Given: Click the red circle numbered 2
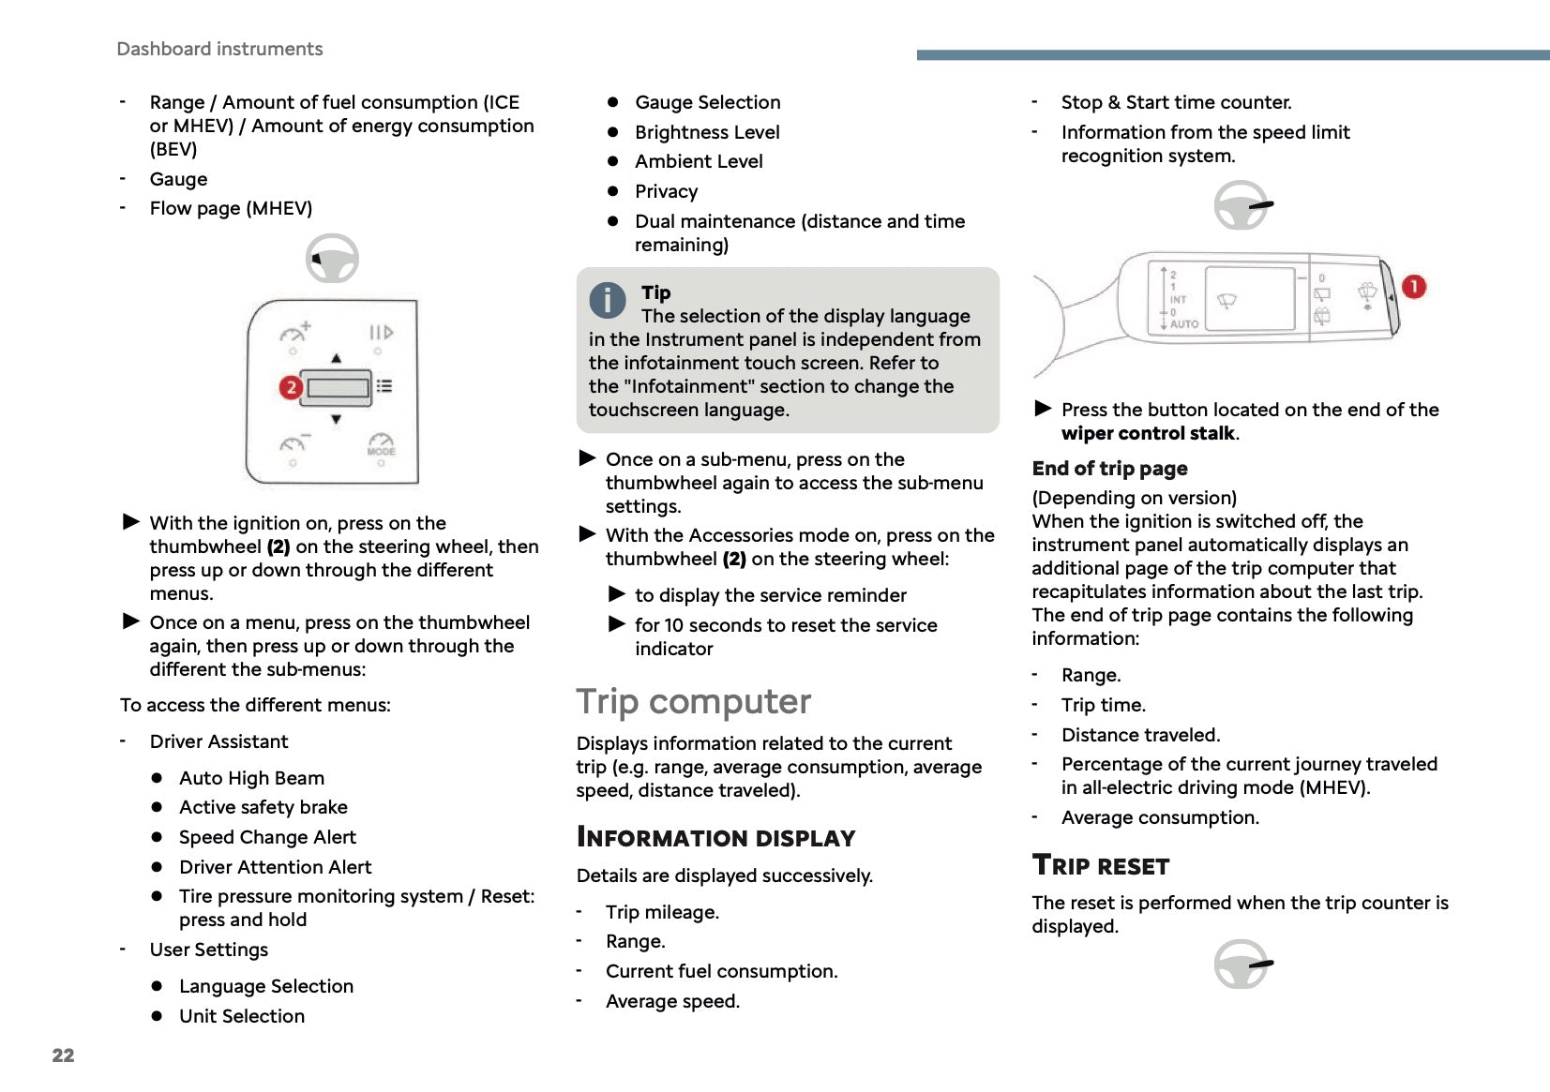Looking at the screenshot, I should (x=291, y=387).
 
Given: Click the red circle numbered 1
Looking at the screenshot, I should (x=1413, y=287).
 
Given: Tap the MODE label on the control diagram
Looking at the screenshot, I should (x=381, y=451).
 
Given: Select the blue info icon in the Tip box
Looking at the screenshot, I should (x=608, y=300).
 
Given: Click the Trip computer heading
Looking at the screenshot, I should (x=693, y=702).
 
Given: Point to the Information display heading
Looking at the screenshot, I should (x=715, y=838).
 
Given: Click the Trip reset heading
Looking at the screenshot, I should (x=1100, y=865).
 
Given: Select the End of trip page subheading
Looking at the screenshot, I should (x=1109, y=469).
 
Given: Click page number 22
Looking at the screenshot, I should (x=63, y=1055).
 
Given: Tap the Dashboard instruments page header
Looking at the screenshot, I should (x=219, y=49).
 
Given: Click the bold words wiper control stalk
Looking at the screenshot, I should (x=1148, y=433).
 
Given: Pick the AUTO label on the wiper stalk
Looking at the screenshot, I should (x=1183, y=324).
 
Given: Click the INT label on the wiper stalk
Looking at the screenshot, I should (x=1178, y=300).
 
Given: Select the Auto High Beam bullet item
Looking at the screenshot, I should (x=251, y=778).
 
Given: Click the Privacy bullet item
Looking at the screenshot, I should (x=666, y=191).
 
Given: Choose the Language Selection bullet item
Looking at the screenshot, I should (x=266, y=986).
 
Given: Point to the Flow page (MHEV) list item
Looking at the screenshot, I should (x=231, y=208).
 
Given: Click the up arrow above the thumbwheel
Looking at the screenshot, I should (x=336, y=358).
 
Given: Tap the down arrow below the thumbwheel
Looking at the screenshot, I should (x=336, y=419).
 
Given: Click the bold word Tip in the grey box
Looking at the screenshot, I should (x=655, y=292).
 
